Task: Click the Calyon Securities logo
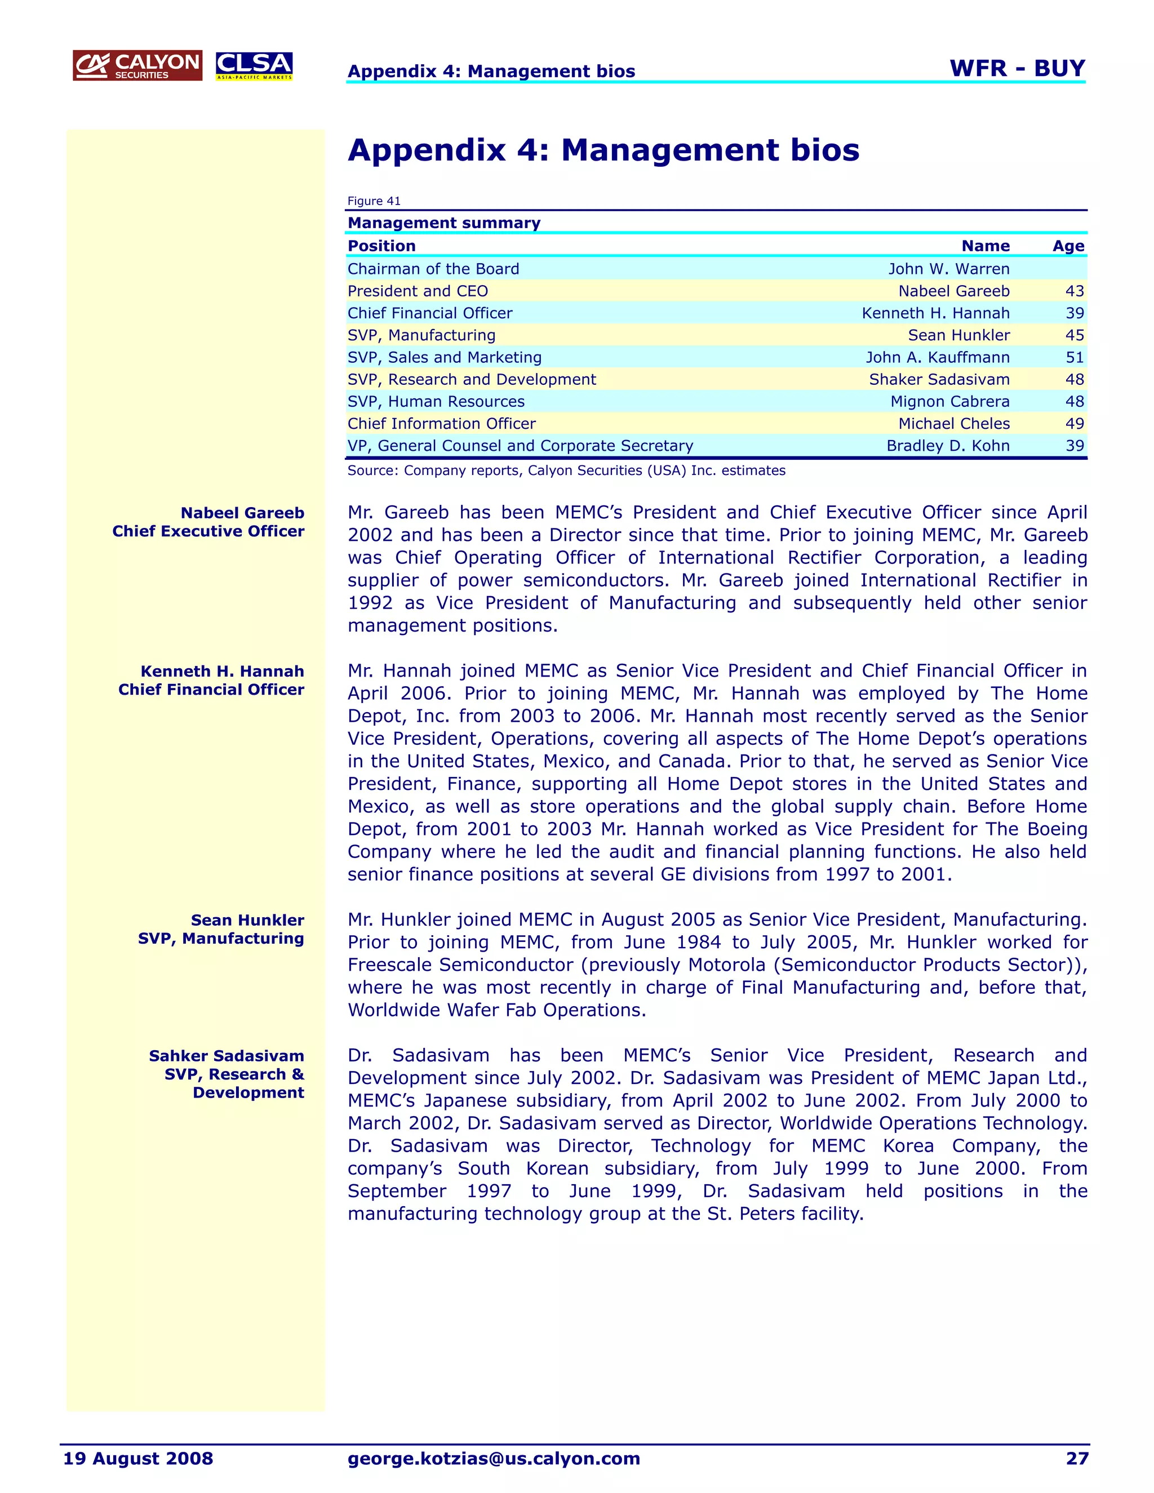tap(137, 65)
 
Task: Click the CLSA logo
tap(254, 65)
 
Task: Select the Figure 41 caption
tap(374, 201)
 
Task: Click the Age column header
tap(1068, 246)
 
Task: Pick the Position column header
tap(381, 246)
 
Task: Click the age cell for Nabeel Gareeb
tap(1074, 291)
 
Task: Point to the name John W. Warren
tap(948, 269)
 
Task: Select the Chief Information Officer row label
tap(441, 424)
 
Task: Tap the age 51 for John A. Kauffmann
tap(1074, 358)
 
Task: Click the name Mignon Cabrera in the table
tap(949, 402)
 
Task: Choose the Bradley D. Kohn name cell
tap(948, 446)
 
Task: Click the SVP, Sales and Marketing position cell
tap(445, 358)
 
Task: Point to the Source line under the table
tap(566, 470)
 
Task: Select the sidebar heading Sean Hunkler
tap(247, 920)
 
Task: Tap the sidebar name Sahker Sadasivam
tap(227, 1056)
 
